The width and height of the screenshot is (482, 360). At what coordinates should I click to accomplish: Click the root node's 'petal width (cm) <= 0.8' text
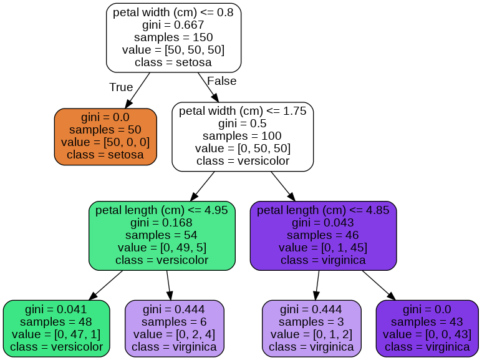(173, 13)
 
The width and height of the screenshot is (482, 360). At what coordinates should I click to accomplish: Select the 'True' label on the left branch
(121, 87)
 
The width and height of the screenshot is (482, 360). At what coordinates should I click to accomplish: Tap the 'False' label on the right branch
(221, 81)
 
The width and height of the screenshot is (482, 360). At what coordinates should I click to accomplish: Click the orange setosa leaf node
(105, 137)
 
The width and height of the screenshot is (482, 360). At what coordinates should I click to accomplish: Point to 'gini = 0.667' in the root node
(173, 26)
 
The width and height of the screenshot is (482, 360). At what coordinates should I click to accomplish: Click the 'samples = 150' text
(173, 38)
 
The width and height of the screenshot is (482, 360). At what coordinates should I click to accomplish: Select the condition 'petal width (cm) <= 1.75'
(243, 112)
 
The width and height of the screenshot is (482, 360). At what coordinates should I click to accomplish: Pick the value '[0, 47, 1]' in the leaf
(56, 334)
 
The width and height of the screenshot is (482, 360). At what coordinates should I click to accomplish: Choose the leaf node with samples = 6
(175, 328)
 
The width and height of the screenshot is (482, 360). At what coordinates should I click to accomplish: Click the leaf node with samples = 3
(311, 328)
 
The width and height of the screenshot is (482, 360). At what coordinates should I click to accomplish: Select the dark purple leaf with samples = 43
(427, 328)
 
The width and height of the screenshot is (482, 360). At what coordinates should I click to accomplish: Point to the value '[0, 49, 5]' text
(161, 248)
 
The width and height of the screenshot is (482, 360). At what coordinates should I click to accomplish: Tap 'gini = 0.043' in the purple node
(323, 223)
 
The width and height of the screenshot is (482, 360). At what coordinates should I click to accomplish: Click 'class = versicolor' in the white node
(243, 161)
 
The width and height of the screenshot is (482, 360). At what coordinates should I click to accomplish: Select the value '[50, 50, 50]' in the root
(173, 51)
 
